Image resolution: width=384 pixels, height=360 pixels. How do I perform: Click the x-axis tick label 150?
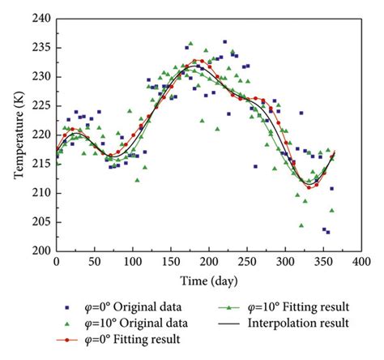[x=170, y=263]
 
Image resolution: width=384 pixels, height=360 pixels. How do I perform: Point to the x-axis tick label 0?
[x=56, y=263]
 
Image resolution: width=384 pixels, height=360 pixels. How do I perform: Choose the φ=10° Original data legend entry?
[x=133, y=323]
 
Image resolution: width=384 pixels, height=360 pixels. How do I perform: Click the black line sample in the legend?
[x=236, y=323]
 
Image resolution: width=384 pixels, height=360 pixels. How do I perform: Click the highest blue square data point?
[x=224, y=42]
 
